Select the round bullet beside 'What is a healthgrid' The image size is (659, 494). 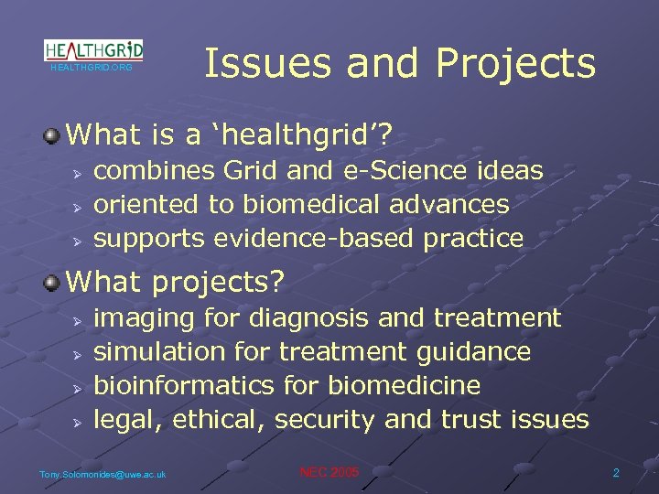[52, 136]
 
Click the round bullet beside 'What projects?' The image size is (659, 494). [52, 282]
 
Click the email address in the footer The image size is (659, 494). [103, 474]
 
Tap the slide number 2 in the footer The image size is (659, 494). [616, 473]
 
